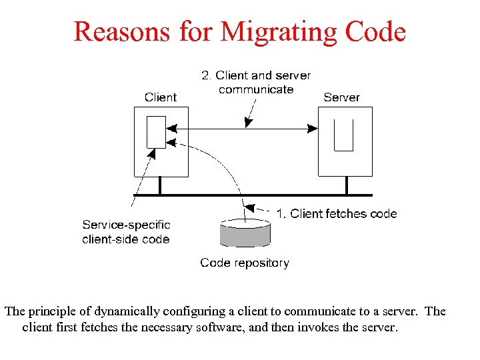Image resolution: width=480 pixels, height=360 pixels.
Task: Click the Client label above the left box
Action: [161, 97]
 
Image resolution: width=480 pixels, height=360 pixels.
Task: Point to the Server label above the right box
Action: [341, 97]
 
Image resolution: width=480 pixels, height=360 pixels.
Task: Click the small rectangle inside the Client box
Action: [156, 132]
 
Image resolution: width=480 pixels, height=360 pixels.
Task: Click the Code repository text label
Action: [245, 263]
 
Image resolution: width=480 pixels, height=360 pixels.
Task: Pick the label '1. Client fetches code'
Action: [337, 214]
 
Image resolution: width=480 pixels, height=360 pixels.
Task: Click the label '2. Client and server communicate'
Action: [256, 83]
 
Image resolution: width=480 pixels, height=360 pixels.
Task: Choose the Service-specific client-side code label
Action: [126, 232]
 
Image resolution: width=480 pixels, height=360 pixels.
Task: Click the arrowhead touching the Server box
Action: [313, 129]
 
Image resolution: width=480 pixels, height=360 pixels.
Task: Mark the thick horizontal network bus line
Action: [267, 195]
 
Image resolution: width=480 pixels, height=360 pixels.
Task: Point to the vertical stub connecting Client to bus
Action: [160, 185]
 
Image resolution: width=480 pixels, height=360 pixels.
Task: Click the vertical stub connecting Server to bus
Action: [346, 185]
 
